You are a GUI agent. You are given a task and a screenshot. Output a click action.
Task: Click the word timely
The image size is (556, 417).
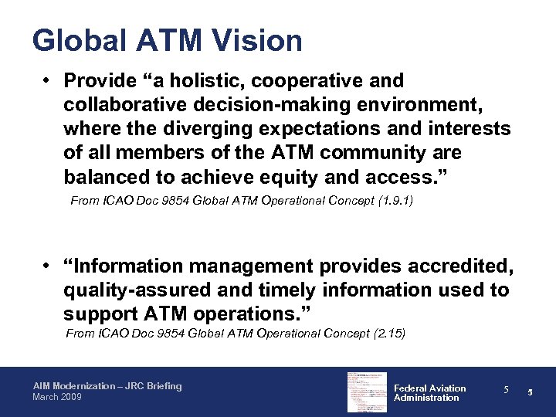308,290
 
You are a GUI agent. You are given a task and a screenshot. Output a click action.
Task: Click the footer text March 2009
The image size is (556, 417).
56,397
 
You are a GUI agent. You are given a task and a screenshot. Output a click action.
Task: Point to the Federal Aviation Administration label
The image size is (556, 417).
429,393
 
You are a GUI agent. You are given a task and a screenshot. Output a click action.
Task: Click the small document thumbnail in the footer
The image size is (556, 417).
367,392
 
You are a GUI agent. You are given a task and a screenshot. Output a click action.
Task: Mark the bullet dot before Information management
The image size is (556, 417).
48,266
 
